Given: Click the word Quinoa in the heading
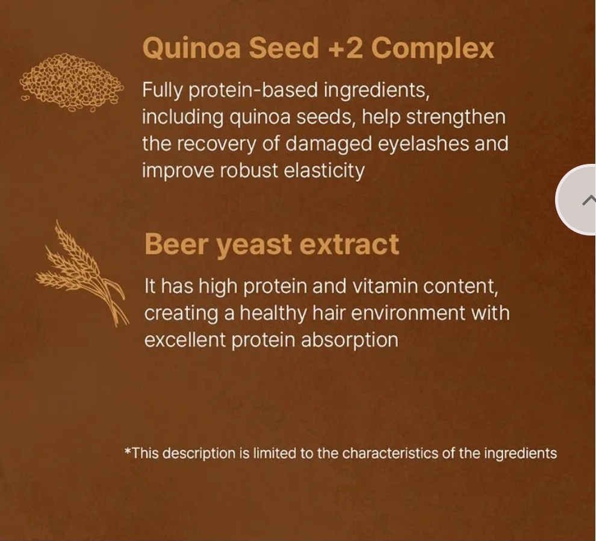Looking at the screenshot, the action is coord(191,49).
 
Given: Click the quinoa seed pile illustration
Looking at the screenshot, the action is coord(72,83).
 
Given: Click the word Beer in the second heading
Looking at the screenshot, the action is coord(176,244).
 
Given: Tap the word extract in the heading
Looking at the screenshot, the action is coord(349,244).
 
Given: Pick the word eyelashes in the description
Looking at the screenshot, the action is coord(423,144).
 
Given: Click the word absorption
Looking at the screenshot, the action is coord(350,340).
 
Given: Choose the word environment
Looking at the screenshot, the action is coord(408,313).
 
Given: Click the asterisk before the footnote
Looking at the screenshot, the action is coord(128,451).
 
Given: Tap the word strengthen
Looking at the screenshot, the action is coord(456,117).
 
